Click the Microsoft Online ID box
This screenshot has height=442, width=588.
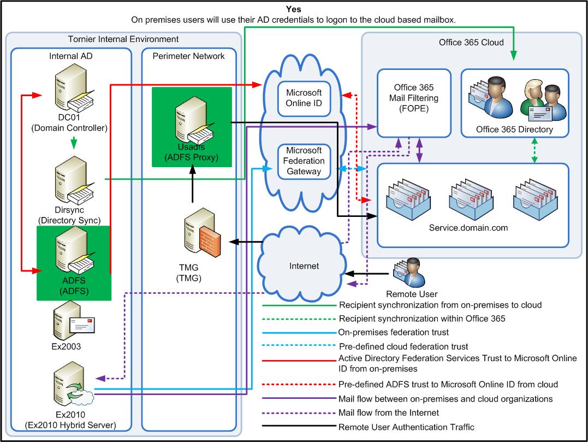coord(304,97)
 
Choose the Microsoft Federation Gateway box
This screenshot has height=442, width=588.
coord(304,161)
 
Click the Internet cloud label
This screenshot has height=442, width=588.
coord(304,266)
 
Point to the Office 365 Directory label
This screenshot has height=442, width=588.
coord(514,129)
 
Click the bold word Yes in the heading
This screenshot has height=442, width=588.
coord(294,9)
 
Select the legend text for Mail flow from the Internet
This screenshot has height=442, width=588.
coord(389,413)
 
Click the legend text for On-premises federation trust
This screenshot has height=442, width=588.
coord(393,332)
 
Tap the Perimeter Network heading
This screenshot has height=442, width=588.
coord(188,56)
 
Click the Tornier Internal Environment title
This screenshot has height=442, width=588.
coord(123,39)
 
